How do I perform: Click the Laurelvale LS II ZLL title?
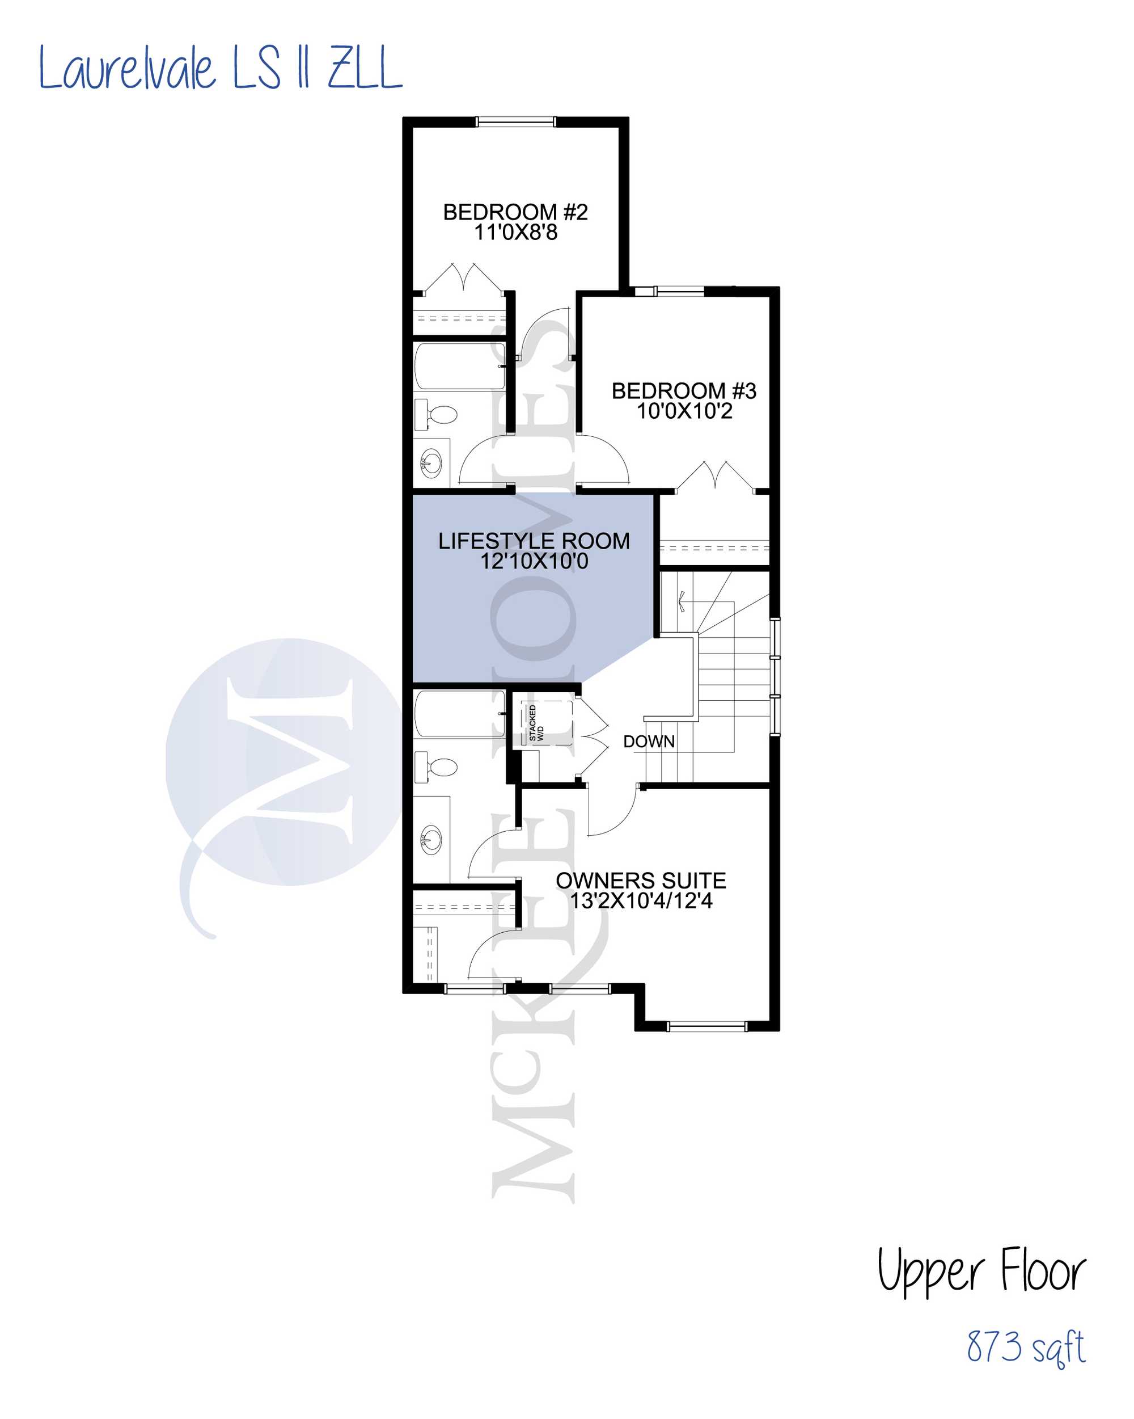tap(221, 67)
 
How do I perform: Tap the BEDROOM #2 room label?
tap(515, 212)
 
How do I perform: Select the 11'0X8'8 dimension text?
tap(516, 232)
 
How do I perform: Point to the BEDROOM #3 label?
tap(684, 391)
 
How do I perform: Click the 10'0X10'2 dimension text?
tap(684, 411)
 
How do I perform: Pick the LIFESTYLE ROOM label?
tap(534, 541)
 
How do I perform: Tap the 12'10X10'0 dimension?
tap(534, 561)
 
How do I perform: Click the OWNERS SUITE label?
tap(641, 881)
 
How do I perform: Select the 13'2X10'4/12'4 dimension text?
tap(641, 901)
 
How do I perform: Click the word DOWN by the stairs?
tap(649, 742)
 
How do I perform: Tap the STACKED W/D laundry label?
tap(536, 723)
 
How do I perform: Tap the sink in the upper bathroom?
tap(431, 464)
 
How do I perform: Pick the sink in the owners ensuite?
tap(431, 839)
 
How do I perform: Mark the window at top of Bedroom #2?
tap(516, 121)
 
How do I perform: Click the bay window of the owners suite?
tap(707, 1025)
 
